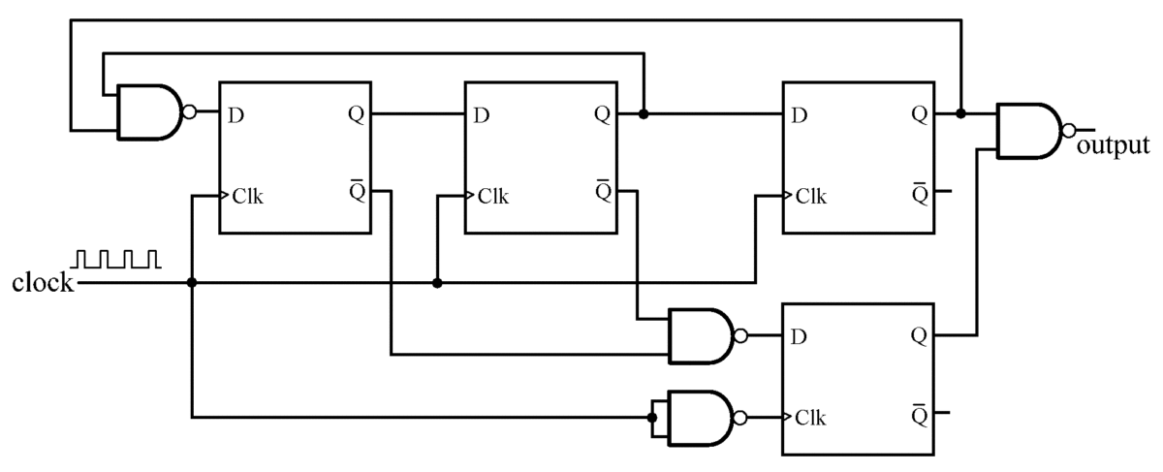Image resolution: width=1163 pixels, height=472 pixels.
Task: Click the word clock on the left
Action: [43, 284]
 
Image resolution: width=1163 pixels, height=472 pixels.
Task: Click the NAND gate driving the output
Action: [1029, 131]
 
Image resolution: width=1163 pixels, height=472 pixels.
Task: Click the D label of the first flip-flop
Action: [236, 115]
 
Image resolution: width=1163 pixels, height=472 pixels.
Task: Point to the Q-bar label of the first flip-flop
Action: [356, 189]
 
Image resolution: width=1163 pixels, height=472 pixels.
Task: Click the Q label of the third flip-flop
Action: [918, 114]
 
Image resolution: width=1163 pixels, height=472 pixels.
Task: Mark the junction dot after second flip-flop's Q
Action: [644, 114]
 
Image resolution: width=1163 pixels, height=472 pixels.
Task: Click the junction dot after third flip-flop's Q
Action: [960, 113]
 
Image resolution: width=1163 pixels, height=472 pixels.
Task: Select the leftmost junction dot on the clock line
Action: [192, 283]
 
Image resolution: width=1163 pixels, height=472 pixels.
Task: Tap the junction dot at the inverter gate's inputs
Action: [653, 419]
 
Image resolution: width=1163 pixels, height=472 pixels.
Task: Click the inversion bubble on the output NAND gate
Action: [1068, 131]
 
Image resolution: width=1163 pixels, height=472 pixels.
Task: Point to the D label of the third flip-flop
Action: [799, 115]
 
